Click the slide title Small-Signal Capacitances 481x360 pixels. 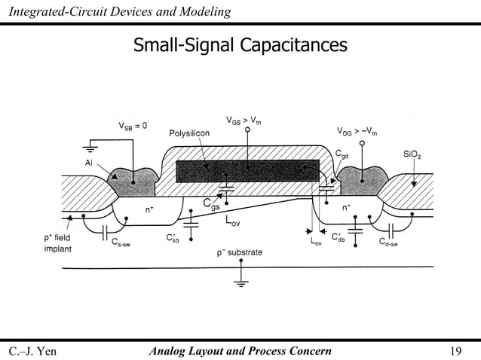click(240, 47)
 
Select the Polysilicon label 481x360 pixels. click(189, 133)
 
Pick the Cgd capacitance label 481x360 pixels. click(342, 153)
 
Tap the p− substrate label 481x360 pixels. click(240, 252)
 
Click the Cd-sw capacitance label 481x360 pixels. click(393, 242)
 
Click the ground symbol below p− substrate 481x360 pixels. click(241, 284)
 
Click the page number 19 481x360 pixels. click(455, 350)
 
